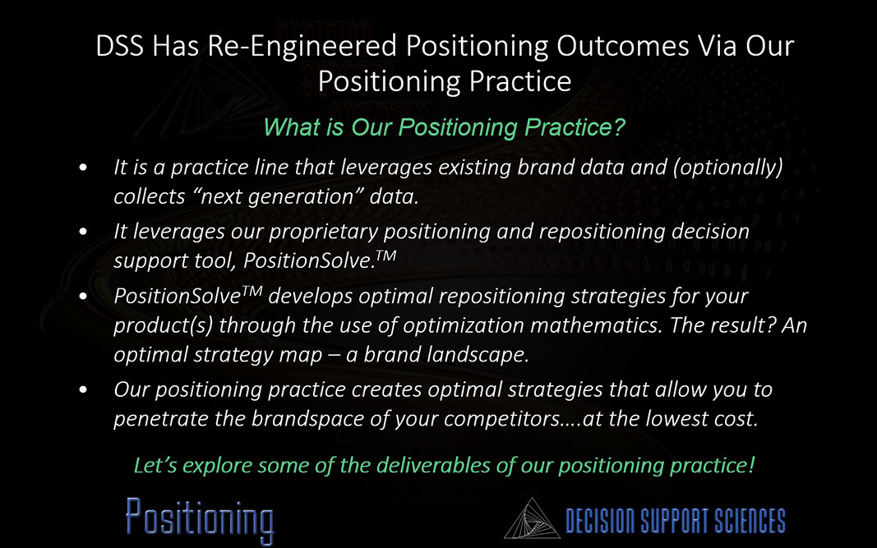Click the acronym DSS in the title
(119, 46)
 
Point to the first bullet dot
(83, 167)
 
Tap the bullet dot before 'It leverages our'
(83, 231)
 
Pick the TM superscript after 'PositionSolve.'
(386, 256)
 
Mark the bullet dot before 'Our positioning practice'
(83, 389)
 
